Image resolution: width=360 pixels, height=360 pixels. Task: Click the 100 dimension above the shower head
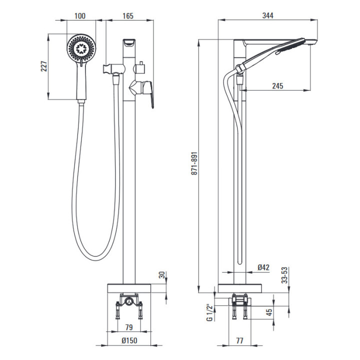[x=80, y=16]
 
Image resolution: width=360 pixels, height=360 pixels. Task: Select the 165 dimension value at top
[x=128, y=16]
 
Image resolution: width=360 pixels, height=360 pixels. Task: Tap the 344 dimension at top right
[x=268, y=15]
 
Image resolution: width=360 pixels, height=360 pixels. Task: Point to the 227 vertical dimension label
[x=44, y=66]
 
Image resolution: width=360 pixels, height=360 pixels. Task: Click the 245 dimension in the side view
[x=278, y=86]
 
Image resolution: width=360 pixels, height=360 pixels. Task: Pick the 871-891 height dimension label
[x=194, y=163]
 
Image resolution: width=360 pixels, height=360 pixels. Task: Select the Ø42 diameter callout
[x=263, y=267]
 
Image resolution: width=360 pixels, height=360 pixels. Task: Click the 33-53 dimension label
[x=284, y=275]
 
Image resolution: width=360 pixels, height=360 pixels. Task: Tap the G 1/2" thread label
[x=209, y=312]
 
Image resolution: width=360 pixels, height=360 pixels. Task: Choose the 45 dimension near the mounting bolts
[x=269, y=312]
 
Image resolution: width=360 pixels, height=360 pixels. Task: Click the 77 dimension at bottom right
[x=239, y=340]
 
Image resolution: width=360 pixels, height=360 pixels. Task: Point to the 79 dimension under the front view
[x=129, y=327]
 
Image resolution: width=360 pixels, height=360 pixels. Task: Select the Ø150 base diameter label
[x=129, y=340]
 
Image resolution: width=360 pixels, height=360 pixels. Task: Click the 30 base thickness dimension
[x=162, y=275]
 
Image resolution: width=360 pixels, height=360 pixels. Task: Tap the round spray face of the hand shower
[x=81, y=48]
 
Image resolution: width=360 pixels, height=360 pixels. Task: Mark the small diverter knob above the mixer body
[x=140, y=67]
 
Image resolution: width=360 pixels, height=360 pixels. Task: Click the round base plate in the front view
[x=129, y=288]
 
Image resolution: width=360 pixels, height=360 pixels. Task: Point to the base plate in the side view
[x=240, y=288]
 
